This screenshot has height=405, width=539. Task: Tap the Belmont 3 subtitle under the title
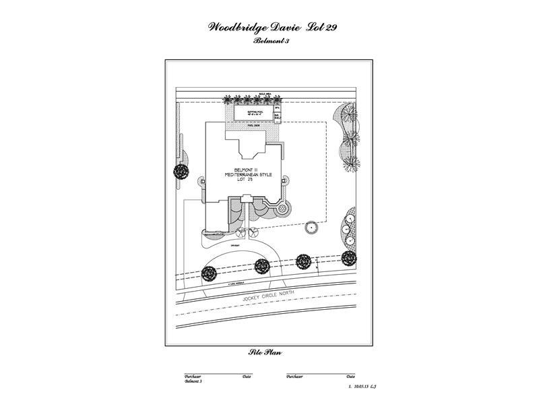tap(269, 41)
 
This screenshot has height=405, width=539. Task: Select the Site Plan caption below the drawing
tap(265, 353)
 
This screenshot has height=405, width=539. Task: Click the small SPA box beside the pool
tap(278, 107)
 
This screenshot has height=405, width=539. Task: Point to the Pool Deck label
tap(254, 125)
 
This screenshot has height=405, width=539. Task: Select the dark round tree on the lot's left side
tap(181, 172)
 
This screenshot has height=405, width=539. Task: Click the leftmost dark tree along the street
tap(209, 273)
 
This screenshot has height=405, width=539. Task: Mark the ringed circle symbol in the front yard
tap(312, 228)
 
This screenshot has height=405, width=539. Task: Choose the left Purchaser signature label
tap(193, 376)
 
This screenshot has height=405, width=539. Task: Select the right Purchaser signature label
tap(294, 376)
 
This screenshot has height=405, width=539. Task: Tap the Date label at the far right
tap(350, 376)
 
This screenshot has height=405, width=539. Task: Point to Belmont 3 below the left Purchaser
tap(193, 381)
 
